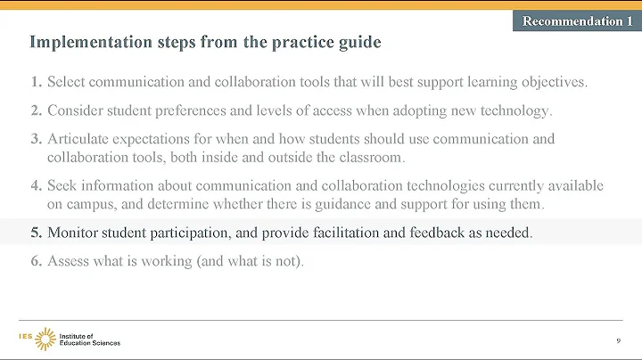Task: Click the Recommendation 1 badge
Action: (572, 20)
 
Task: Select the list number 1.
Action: (36, 83)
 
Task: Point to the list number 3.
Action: (36, 139)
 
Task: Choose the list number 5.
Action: (36, 233)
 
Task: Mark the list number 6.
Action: (36, 261)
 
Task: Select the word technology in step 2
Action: (518, 111)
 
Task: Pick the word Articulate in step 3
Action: (78, 139)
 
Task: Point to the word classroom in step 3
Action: (369, 157)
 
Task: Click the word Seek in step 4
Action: (62, 185)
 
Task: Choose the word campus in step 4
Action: (90, 203)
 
